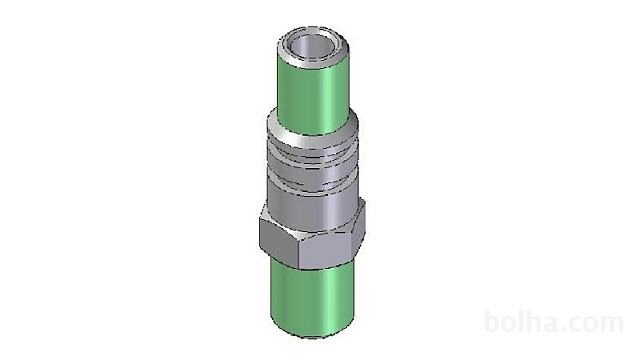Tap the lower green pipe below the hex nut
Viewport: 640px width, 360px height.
pos(312,300)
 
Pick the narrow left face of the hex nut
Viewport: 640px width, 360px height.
pos(279,241)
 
